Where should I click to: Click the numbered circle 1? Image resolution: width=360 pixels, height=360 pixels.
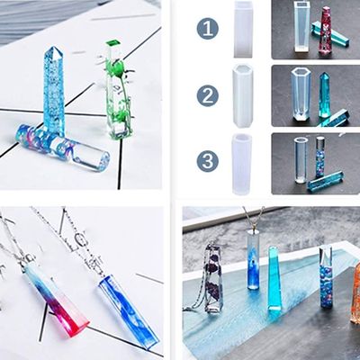click(x=207, y=30)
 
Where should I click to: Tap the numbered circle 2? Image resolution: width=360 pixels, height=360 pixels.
click(x=207, y=95)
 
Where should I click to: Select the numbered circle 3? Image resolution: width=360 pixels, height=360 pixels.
click(x=207, y=161)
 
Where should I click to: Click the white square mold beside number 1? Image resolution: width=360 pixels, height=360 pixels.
click(x=243, y=29)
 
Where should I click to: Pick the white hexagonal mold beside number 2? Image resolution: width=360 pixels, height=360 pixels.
click(x=243, y=95)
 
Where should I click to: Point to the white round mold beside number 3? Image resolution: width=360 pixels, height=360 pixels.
click(x=242, y=164)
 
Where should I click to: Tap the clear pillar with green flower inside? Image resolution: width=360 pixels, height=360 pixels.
click(x=118, y=90)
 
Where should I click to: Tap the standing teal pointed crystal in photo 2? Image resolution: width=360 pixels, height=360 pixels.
click(x=325, y=94)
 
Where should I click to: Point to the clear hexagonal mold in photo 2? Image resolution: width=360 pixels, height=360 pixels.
click(x=301, y=94)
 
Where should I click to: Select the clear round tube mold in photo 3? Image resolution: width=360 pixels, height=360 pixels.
click(x=301, y=160)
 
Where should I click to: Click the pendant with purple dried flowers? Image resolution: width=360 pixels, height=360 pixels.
click(x=213, y=280)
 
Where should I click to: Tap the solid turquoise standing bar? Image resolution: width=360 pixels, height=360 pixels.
click(x=274, y=278)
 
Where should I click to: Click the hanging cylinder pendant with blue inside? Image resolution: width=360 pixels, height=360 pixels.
click(x=254, y=260)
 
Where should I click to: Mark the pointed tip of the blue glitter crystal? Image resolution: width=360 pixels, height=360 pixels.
click(x=53, y=47)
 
